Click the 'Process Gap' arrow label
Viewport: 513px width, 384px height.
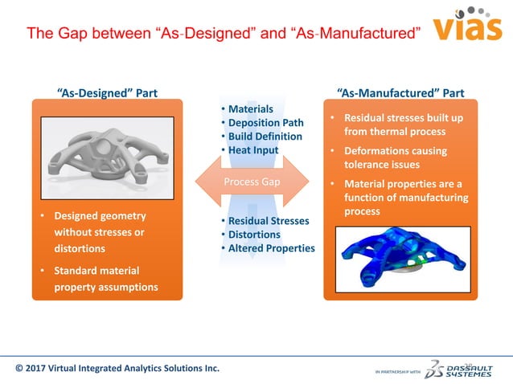click(x=252, y=182)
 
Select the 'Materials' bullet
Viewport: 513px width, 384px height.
click(x=250, y=109)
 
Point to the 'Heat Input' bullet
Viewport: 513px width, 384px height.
click(x=253, y=150)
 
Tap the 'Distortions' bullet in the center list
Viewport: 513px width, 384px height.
click(x=254, y=234)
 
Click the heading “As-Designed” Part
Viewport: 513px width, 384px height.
click(x=107, y=92)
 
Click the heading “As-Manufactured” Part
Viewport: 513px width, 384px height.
click(x=400, y=92)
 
